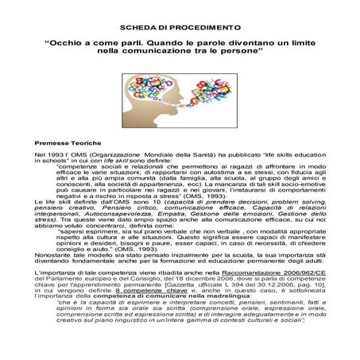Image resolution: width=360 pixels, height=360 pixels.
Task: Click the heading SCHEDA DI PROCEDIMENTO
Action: coord(179,27)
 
